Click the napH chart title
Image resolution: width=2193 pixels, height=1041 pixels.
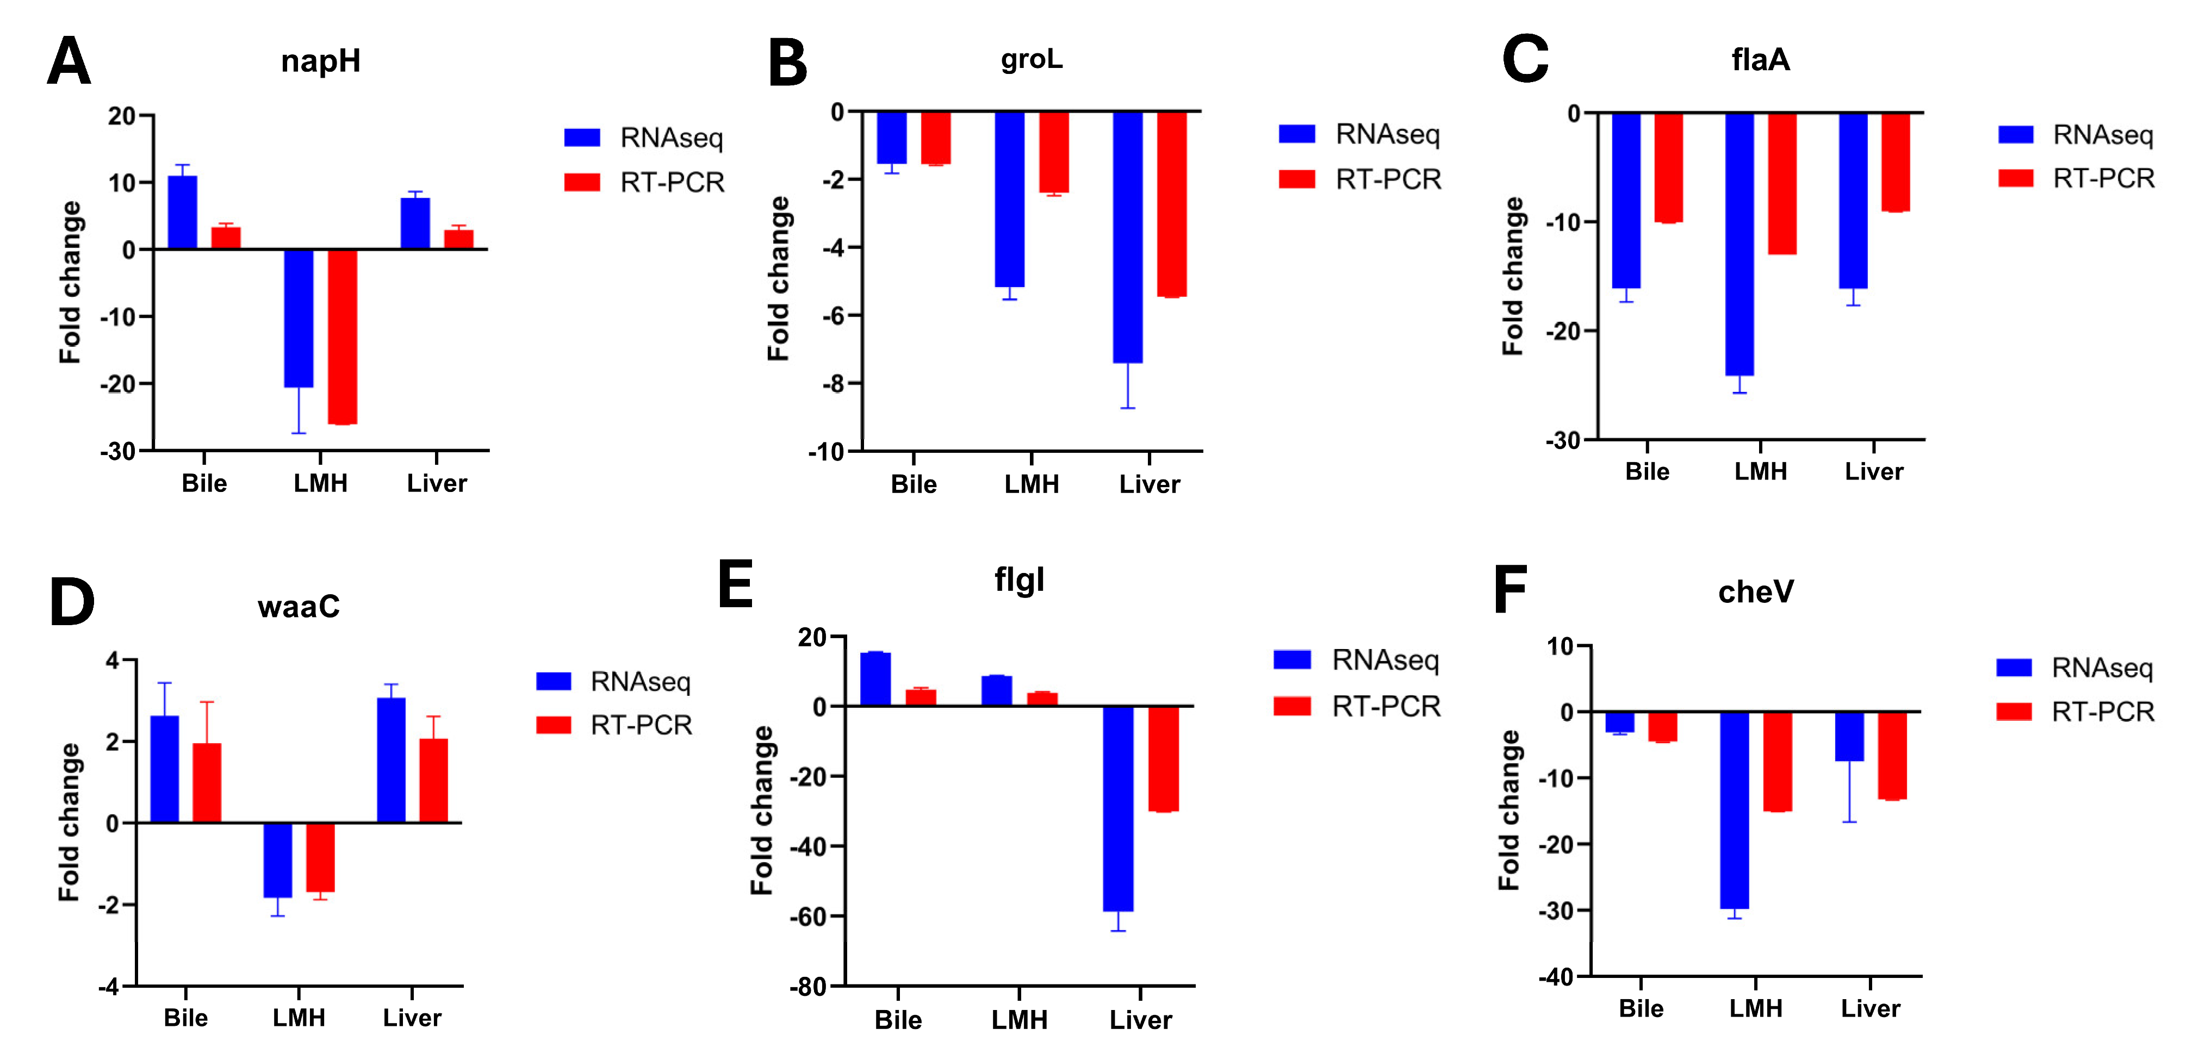coord(321,61)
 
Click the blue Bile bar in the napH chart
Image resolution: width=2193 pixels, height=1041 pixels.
coord(182,213)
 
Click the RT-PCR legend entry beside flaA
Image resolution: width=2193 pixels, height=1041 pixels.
coord(2077,179)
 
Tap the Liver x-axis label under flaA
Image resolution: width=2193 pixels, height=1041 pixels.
coord(1873,471)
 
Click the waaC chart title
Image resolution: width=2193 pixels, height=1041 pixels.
coord(299,607)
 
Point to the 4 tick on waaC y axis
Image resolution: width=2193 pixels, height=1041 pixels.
coord(113,660)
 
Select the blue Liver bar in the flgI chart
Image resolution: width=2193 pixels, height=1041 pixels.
coord(1118,809)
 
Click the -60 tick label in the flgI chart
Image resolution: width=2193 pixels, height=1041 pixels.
coord(807,917)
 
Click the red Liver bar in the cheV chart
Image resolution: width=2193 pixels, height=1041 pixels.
coord(1892,756)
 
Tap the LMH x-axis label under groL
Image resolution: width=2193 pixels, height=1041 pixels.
coord(1032,484)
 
